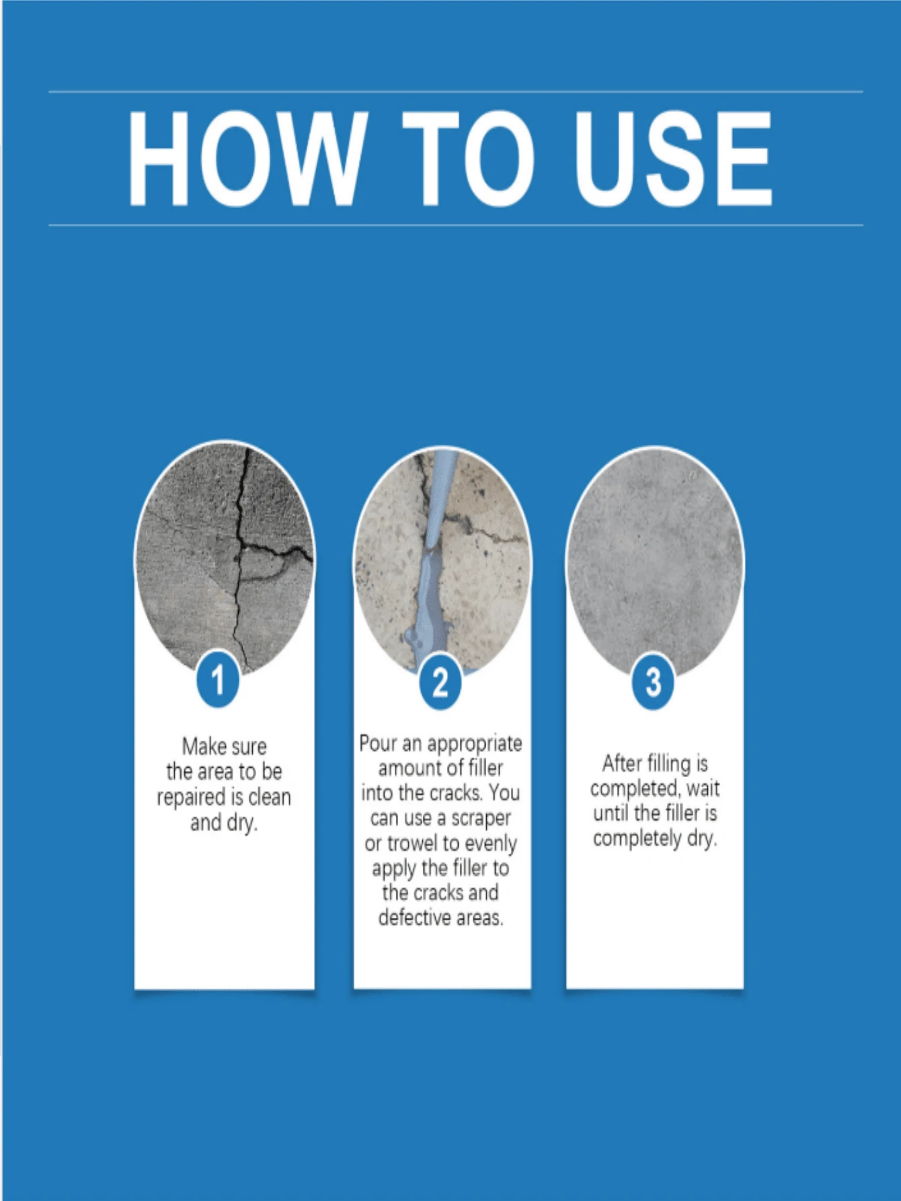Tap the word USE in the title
click(674, 158)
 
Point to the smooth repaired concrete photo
click(655, 558)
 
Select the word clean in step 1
click(270, 797)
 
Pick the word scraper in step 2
click(481, 819)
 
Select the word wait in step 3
click(703, 789)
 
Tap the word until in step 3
click(611, 813)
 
